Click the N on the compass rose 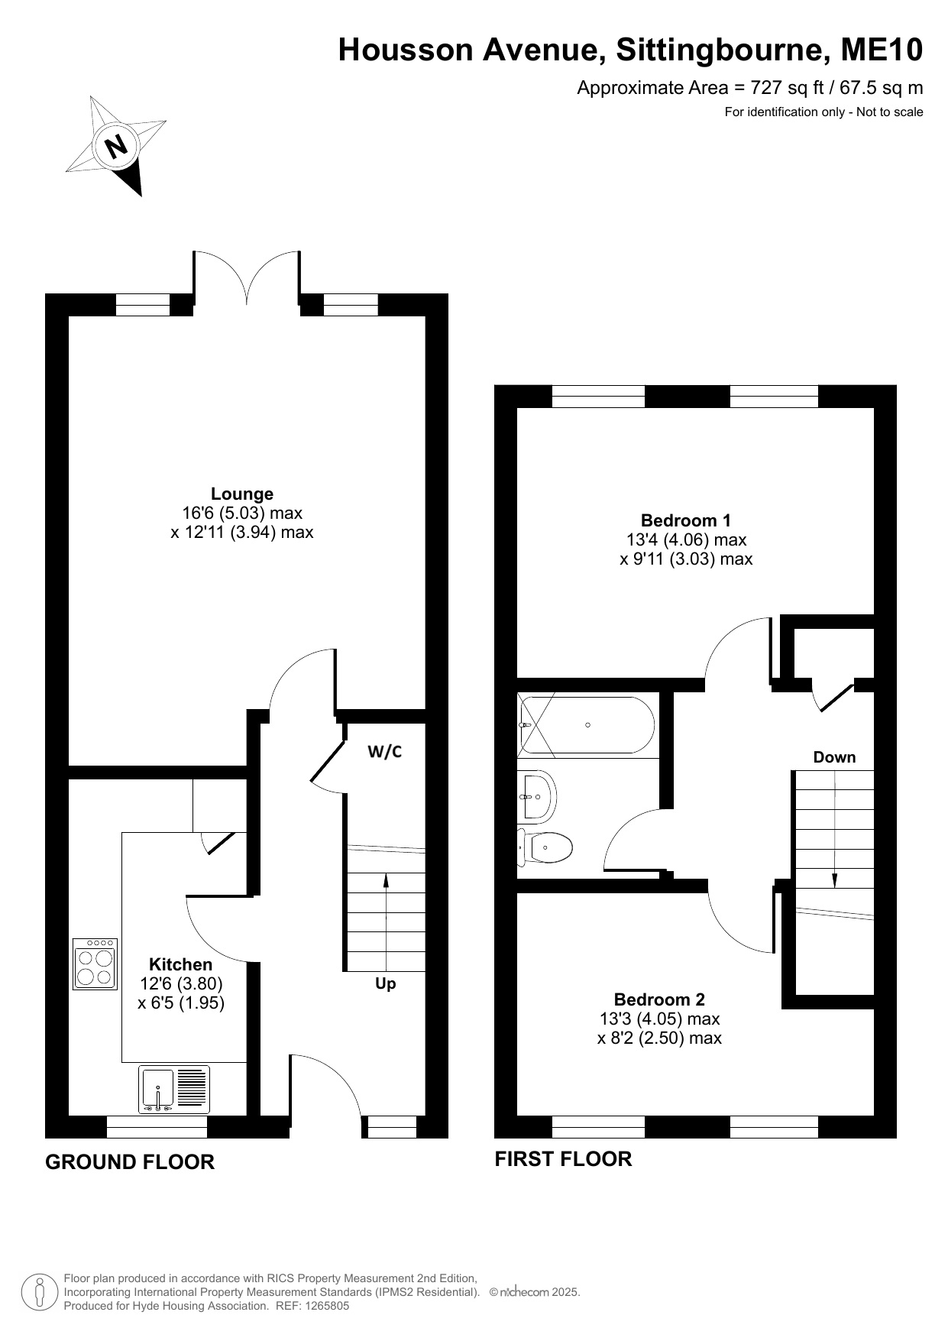click(x=116, y=145)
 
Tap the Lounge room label click(x=242, y=494)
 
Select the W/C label click(x=385, y=752)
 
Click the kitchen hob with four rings click(x=95, y=964)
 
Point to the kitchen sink click(x=173, y=1090)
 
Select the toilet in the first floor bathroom click(x=545, y=847)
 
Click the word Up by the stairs click(x=386, y=984)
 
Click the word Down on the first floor click(x=834, y=757)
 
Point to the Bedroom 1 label click(x=686, y=520)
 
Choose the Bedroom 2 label click(x=659, y=999)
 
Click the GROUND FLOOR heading click(x=130, y=1162)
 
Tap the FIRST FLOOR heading click(x=563, y=1159)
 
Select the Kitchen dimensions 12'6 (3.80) click(x=181, y=983)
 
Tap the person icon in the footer click(x=39, y=1292)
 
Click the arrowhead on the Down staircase click(x=834, y=879)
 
